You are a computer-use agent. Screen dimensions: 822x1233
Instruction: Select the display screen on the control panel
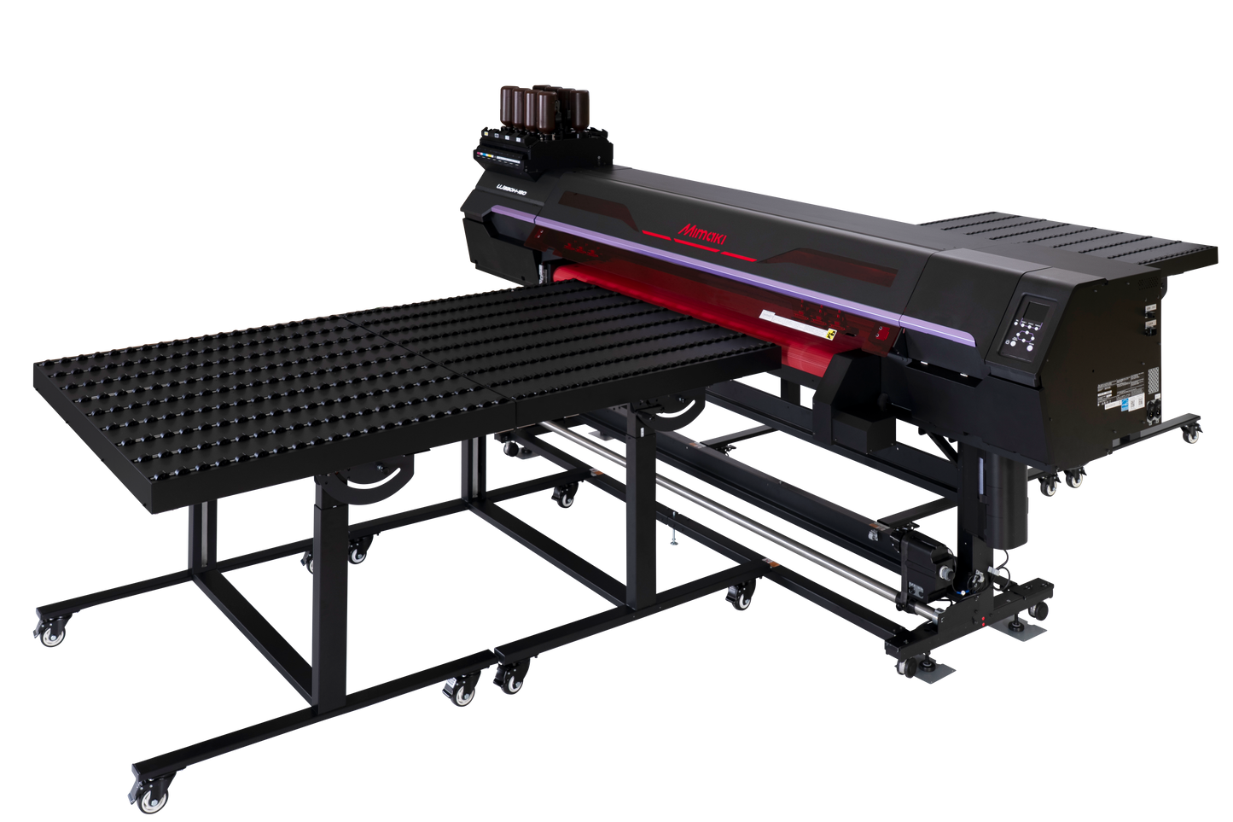1032,312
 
